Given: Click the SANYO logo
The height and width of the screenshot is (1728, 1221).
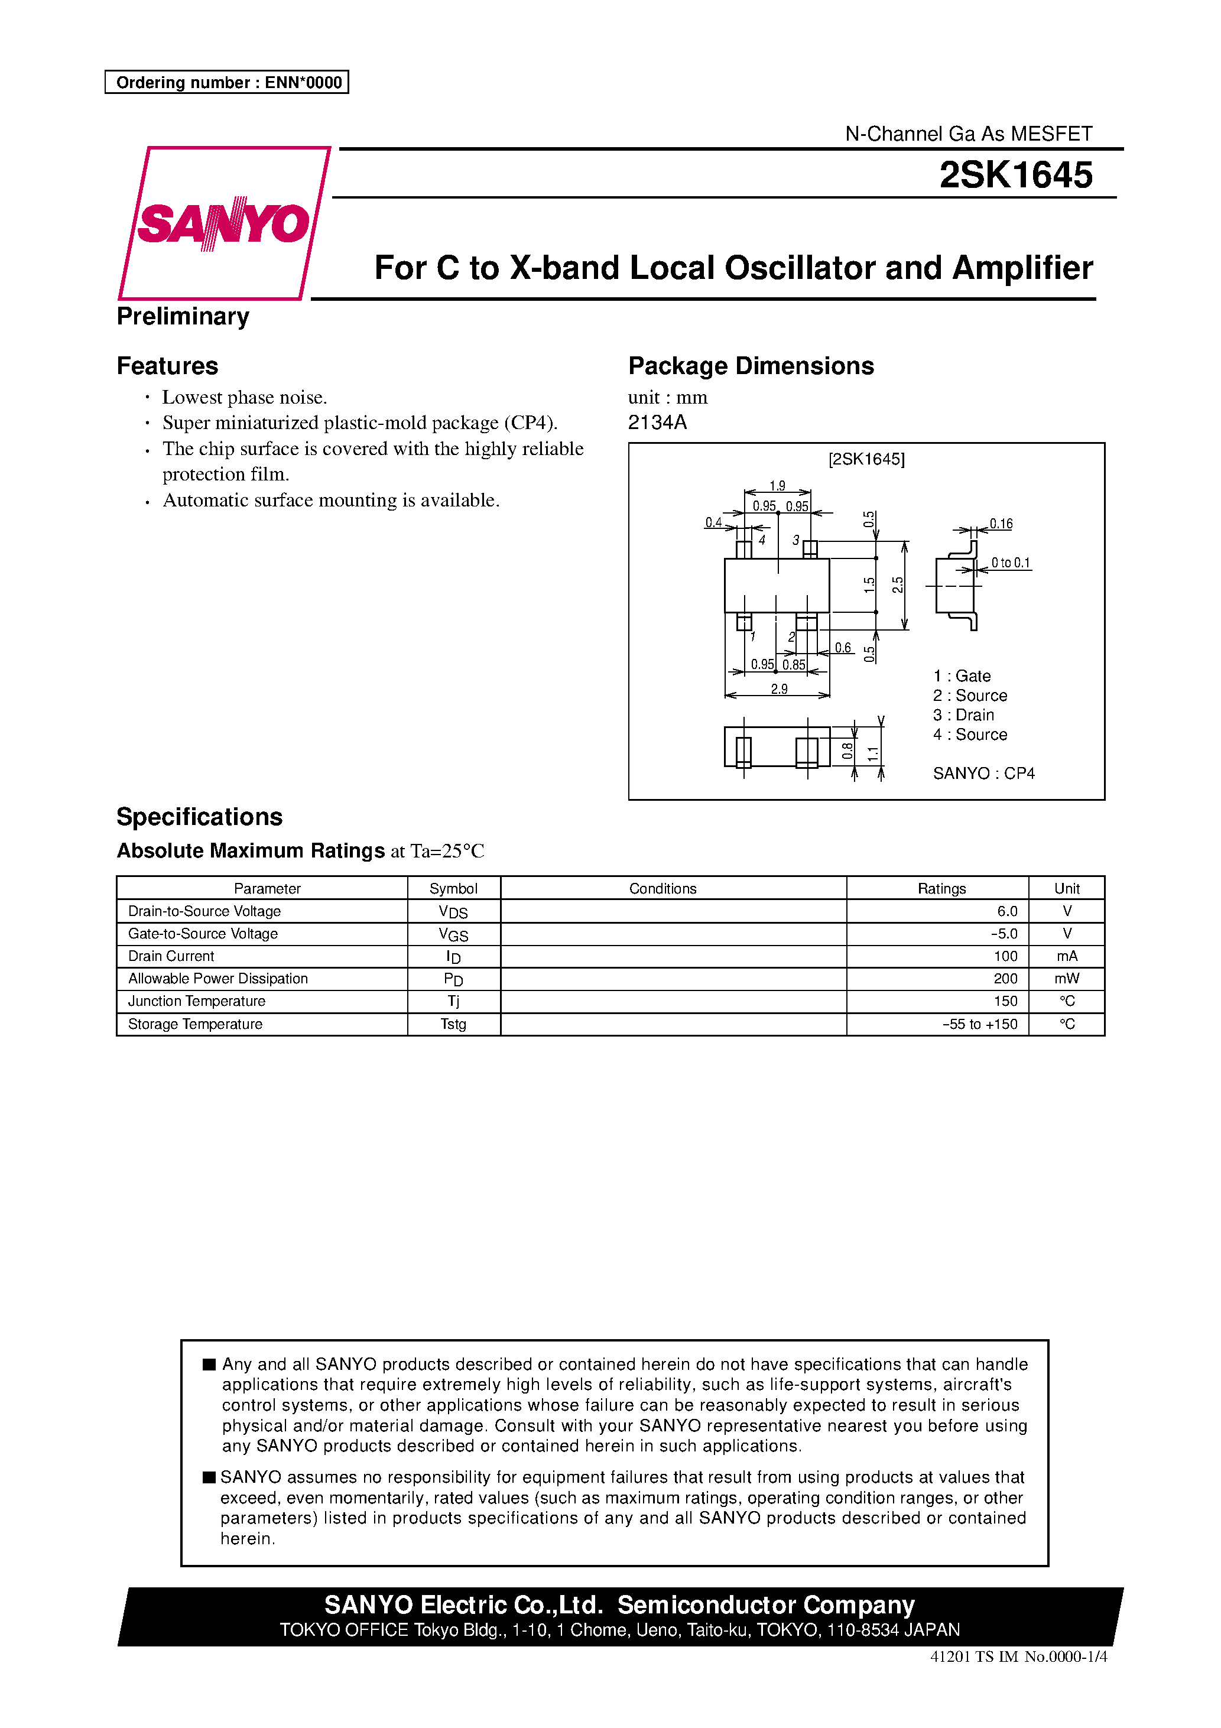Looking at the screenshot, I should point(223,223).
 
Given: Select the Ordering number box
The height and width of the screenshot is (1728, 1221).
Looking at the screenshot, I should point(226,82).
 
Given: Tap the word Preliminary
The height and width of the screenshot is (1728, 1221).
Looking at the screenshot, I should point(183,316).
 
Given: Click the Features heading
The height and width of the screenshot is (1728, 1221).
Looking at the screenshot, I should point(167,366).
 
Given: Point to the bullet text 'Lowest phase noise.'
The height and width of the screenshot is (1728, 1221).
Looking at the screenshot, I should point(244,397).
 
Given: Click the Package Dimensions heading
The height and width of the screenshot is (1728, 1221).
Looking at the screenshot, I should point(751,366).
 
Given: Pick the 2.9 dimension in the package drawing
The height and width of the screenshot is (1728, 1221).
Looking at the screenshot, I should point(778,688).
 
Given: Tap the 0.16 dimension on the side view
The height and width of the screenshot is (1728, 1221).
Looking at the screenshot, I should point(1001,524).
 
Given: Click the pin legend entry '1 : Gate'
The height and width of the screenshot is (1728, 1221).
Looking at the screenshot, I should point(962,676).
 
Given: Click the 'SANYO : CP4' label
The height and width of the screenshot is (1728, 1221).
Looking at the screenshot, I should point(983,773).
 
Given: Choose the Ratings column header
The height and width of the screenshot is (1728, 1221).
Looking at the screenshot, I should point(941,888).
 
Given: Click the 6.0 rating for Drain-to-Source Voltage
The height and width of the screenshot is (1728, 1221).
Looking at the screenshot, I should point(1006,911).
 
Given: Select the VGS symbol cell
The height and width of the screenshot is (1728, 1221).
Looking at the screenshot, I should point(453,934).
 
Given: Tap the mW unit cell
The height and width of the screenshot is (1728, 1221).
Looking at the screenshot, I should point(1066,979).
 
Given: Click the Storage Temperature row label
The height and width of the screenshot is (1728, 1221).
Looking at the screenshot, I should point(195,1024).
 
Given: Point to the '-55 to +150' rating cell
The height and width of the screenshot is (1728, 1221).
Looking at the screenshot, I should point(979,1024).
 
